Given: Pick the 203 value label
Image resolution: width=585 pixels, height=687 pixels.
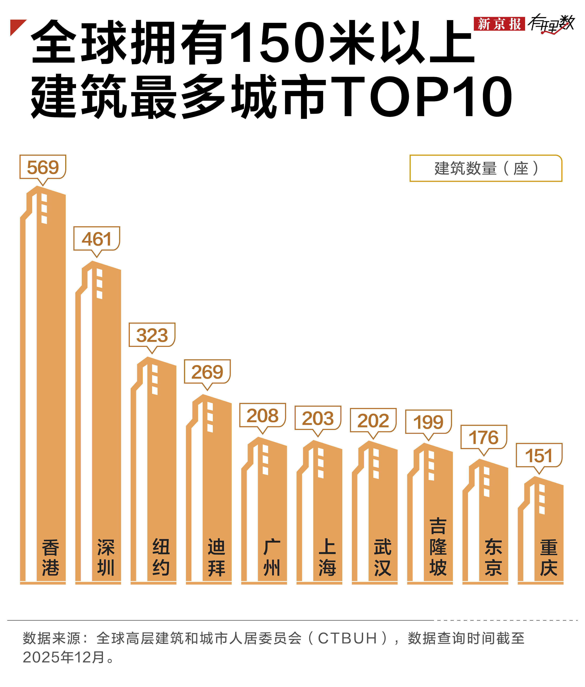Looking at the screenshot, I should pyautogui.click(x=318, y=418).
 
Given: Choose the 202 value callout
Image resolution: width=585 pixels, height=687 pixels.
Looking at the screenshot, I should pyautogui.click(x=373, y=420).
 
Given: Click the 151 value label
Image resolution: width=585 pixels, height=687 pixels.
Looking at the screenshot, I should pyautogui.click(x=539, y=455).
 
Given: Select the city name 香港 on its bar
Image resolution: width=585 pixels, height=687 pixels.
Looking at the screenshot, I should pyautogui.click(x=50, y=558).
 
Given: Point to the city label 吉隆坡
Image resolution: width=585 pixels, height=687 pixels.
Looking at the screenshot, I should pyautogui.click(x=438, y=547).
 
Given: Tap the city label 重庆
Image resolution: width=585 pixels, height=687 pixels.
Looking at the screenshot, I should pyautogui.click(x=548, y=558).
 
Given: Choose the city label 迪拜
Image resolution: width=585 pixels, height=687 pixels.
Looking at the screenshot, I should pyautogui.click(x=216, y=558).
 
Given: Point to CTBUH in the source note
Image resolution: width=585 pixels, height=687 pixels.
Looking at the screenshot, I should pyautogui.click(x=347, y=638).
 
